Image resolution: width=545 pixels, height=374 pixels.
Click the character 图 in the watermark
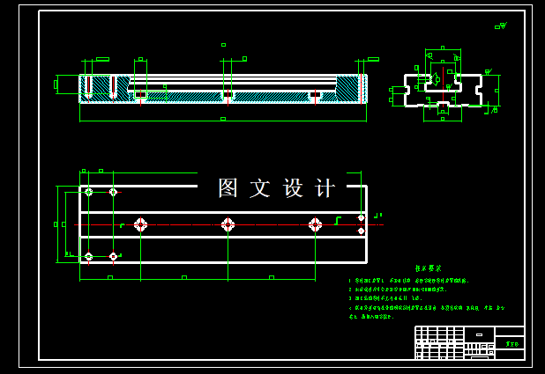[228, 187]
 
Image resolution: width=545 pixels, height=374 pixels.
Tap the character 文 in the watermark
[260, 187]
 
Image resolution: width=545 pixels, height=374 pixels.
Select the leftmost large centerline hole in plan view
[140, 224]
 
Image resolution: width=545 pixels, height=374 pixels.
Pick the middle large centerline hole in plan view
[228, 224]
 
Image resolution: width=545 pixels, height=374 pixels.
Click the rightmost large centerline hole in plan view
[315, 224]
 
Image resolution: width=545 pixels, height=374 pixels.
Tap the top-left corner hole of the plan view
[88, 192]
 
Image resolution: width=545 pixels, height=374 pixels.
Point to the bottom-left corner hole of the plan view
[88, 256]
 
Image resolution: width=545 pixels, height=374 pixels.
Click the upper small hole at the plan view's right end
[361, 217]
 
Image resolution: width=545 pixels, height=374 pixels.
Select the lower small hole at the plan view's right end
[361, 231]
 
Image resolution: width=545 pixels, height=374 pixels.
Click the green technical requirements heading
[428, 268]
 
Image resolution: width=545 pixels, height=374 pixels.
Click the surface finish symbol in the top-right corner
[501, 26]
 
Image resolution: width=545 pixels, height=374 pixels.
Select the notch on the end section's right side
[478, 89]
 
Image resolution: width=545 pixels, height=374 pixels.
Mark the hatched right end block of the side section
[349, 89]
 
